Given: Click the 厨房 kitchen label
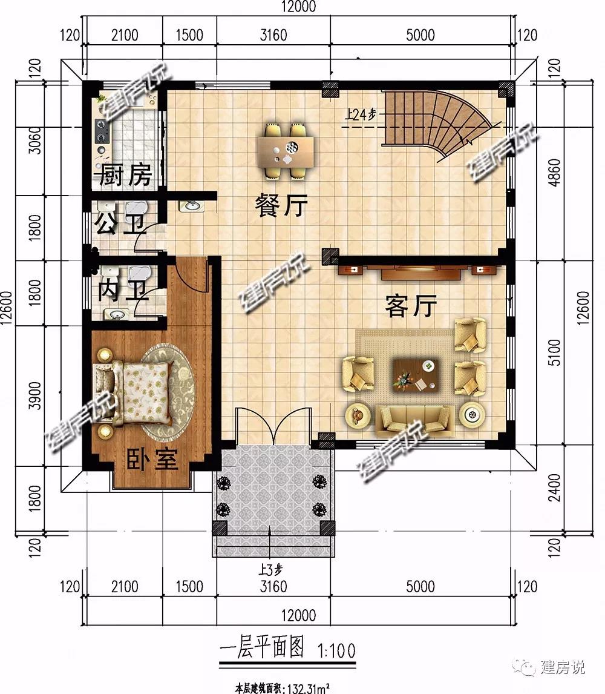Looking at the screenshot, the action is [125, 175].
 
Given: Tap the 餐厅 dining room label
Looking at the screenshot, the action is [281, 205].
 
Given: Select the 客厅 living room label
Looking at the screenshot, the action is [411, 306].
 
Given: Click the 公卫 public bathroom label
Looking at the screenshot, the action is [120, 223].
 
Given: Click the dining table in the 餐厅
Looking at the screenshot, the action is [286, 152].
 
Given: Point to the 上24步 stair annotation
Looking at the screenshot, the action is [361, 115].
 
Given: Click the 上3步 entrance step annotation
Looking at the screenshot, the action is [270, 569].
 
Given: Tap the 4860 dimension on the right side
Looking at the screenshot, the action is [554, 172].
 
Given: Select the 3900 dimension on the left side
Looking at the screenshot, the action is [34, 395].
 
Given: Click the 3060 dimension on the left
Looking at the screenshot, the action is [34, 140].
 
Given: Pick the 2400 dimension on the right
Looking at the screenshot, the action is [554, 487].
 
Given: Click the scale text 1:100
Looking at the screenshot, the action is [336, 650].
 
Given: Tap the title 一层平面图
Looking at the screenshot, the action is [262, 647].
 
